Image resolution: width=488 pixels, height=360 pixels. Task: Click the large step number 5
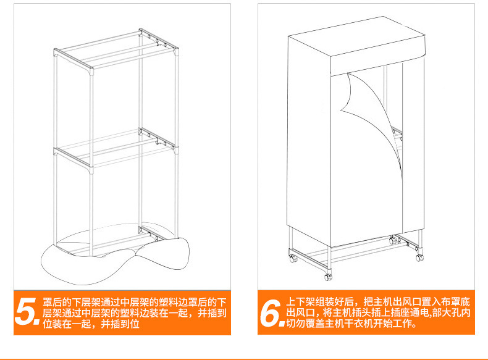[27, 312]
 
